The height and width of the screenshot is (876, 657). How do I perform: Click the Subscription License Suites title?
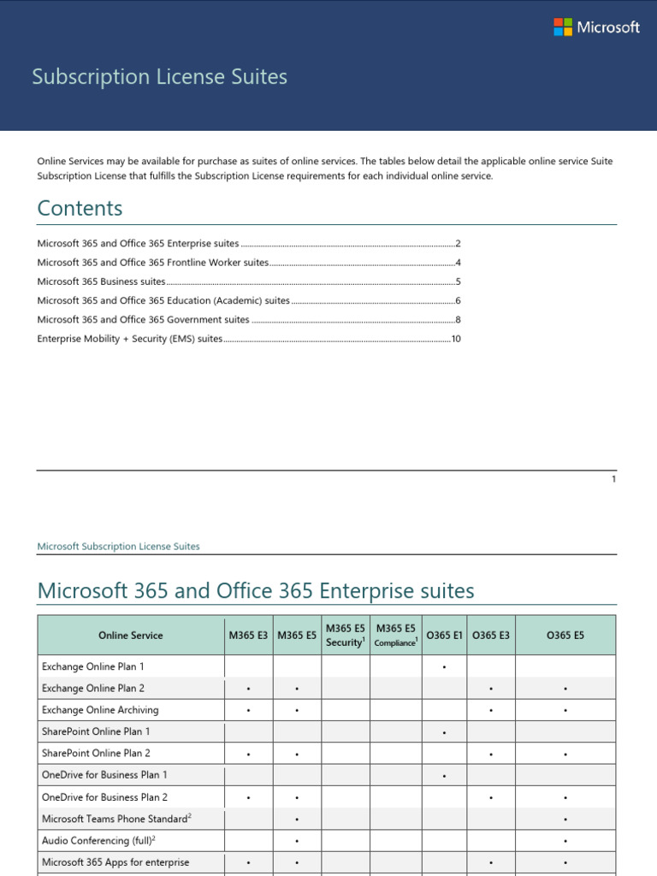(x=159, y=77)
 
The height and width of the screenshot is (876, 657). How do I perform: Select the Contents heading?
(x=80, y=208)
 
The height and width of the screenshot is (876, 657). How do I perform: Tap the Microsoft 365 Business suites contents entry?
(x=101, y=281)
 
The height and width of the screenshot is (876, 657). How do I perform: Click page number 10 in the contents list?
(x=456, y=339)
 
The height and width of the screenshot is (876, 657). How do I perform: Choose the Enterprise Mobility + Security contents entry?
(x=129, y=339)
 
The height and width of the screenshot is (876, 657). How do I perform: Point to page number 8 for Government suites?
(x=459, y=320)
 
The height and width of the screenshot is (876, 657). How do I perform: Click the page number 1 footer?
(x=613, y=479)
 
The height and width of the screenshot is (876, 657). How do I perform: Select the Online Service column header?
(x=130, y=636)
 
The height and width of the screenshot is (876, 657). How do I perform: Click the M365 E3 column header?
(x=248, y=636)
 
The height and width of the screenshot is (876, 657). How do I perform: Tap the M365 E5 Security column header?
(x=346, y=635)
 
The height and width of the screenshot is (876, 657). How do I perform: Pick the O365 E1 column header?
(x=444, y=636)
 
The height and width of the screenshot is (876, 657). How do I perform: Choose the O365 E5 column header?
(x=565, y=636)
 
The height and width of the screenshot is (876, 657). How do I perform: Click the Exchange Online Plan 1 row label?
(x=93, y=666)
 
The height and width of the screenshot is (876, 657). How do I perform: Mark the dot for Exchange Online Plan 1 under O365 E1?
(x=445, y=666)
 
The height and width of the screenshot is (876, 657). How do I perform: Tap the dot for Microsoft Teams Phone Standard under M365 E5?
(x=297, y=819)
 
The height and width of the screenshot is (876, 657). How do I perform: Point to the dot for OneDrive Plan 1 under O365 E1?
(x=445, y=776)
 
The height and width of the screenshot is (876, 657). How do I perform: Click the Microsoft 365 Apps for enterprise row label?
(x=115, y=861)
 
